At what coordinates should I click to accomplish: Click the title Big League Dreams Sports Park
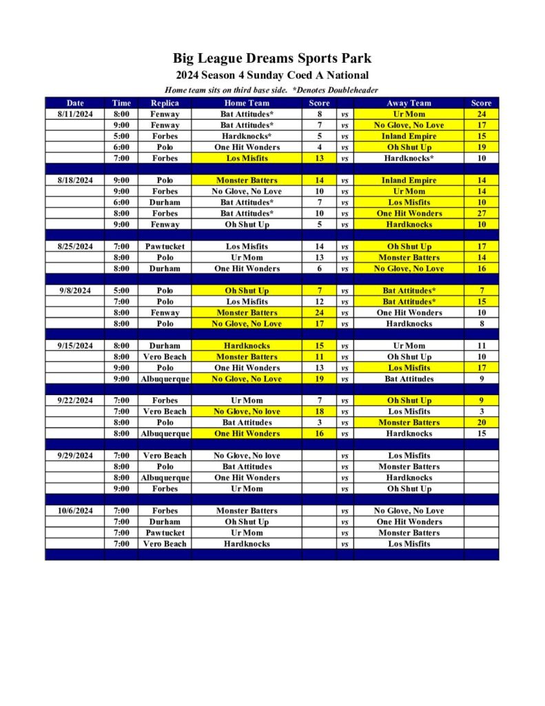tap(272, 59)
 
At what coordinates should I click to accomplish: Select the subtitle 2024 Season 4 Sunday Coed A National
tap(272, 75)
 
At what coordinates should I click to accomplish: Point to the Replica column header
tap(165, 103)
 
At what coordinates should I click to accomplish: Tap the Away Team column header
tap(409, 103)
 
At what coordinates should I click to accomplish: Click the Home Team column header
tap(246, 103)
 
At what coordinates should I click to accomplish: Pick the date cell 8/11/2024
tap(74, 114)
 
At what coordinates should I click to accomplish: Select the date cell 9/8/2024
tap(74, 291)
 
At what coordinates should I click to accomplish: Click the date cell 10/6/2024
tap(74, 511)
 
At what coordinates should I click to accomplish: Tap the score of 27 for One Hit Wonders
tap(481, 214)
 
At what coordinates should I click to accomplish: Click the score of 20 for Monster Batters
tap(481, 423)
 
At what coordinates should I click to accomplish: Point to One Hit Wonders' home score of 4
tap(319, 148)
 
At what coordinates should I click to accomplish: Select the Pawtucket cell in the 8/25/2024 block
tap(165, 247)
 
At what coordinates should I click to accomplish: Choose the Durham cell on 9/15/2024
tap(165, 346)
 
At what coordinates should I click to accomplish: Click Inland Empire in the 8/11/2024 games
tap(409, 137)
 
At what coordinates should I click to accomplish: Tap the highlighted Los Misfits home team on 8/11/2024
tap(246, 159)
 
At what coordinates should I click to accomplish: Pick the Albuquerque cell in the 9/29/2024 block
tap(165, 478)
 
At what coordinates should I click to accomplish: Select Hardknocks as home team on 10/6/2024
tap(246, 544)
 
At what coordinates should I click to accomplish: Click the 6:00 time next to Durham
tap(121, 203)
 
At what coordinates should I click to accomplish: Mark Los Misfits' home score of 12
tap(319, 302)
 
